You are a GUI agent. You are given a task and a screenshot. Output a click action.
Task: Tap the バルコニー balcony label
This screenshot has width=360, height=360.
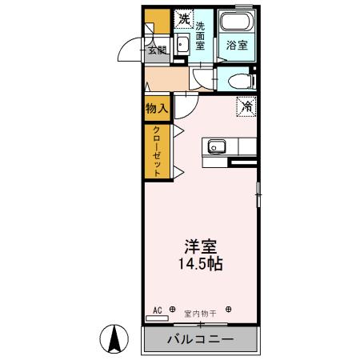(200, 339)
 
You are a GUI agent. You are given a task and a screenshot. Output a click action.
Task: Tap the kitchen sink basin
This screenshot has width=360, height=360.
(215, 146)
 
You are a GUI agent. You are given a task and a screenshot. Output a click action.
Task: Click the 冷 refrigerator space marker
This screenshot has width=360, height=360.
(246, 105)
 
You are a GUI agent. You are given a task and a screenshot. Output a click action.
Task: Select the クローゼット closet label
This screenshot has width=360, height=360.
(158, 152)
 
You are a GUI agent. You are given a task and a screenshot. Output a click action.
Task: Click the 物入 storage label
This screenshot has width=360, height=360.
(157, 108)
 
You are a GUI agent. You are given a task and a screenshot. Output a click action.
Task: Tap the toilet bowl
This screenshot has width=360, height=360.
(238, 79)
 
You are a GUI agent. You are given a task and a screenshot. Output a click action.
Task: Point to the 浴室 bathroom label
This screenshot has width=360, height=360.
(237, 45)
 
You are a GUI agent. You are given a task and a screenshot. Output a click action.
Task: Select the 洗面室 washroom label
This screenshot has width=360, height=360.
(200, 34)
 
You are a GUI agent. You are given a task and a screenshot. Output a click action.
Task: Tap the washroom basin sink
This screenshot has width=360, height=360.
(182, 46)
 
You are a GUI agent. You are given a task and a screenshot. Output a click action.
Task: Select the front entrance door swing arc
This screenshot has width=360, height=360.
(128, 52)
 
